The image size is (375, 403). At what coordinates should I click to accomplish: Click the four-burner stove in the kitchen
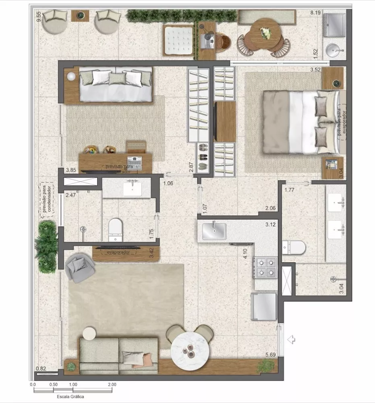[x=265, y=268]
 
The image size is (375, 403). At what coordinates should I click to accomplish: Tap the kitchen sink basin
[x=214, y=231]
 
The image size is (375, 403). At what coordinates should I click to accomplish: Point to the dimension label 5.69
[x=271, y=355]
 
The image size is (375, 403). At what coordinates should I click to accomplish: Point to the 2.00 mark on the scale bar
[x=112, y=384]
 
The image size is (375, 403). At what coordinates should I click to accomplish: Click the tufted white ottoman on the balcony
[x=178, y=39]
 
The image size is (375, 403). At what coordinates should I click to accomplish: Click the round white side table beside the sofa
[x=89, y=333]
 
